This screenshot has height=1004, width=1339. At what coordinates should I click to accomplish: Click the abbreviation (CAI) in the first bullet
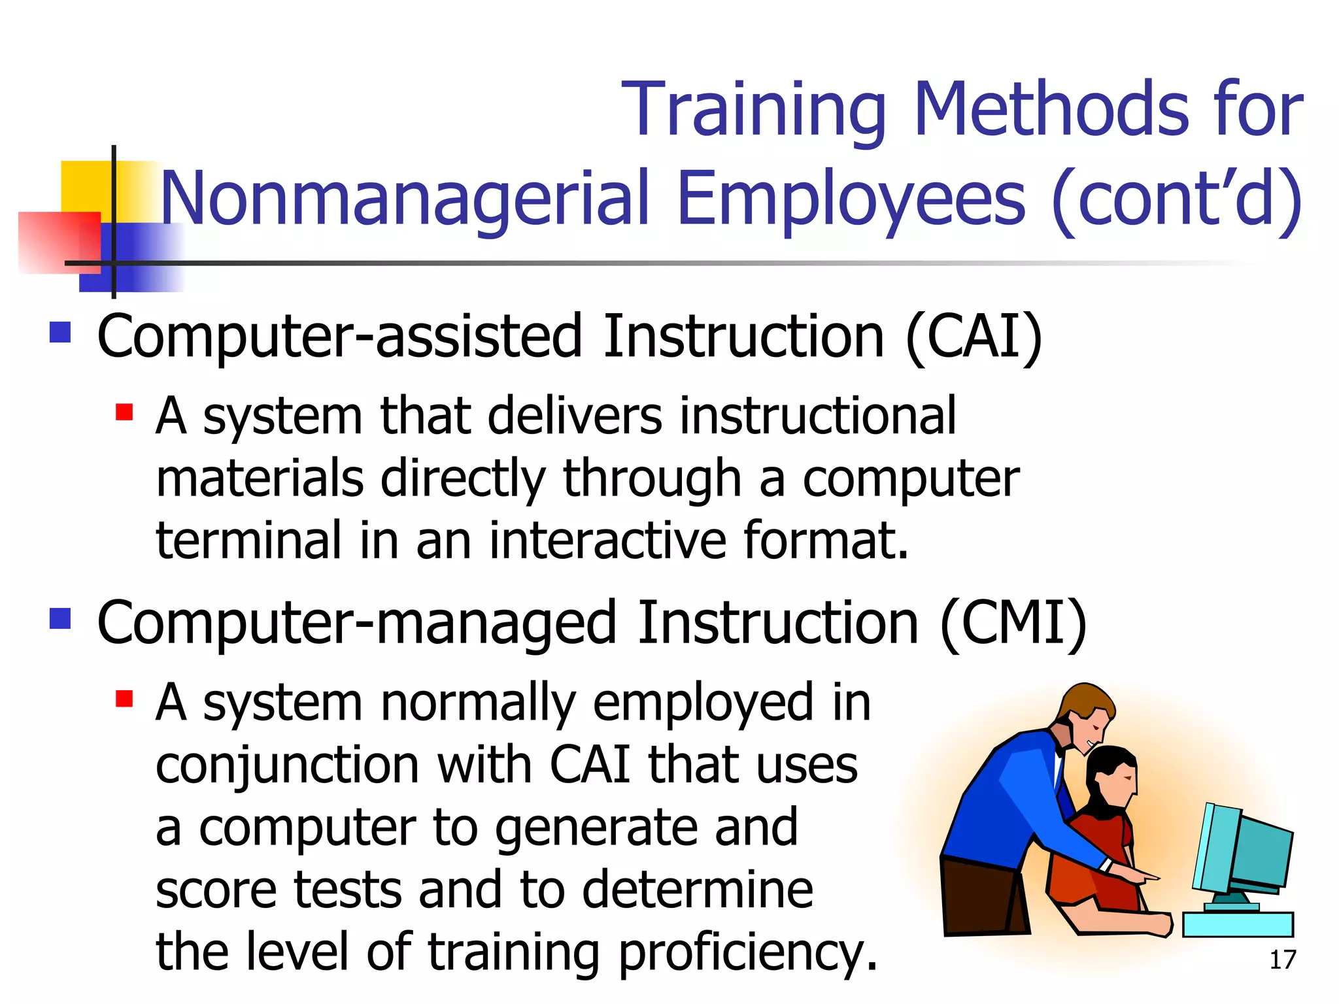pos(974,336)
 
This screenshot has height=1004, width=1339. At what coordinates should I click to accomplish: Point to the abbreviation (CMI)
pos(1013,623)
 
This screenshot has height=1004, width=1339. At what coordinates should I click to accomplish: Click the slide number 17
pos(1282,960)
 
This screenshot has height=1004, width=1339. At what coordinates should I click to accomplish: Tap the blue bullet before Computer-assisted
pos(60,333)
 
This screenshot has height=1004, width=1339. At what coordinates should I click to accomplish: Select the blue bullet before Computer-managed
pos(60,618)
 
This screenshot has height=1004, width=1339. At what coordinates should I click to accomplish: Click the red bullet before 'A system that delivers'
pos(124,412)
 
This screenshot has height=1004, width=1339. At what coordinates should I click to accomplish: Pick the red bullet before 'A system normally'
pos(124,699)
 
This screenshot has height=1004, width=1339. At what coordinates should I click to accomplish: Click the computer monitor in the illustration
pos(1246,850)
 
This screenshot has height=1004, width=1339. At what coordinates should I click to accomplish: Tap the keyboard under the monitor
pos(1238,924)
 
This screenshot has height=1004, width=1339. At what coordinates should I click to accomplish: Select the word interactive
pos(608,541)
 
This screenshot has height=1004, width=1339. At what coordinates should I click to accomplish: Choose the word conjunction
pos(288,765)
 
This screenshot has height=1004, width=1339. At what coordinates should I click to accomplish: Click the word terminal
pos(248,541)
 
